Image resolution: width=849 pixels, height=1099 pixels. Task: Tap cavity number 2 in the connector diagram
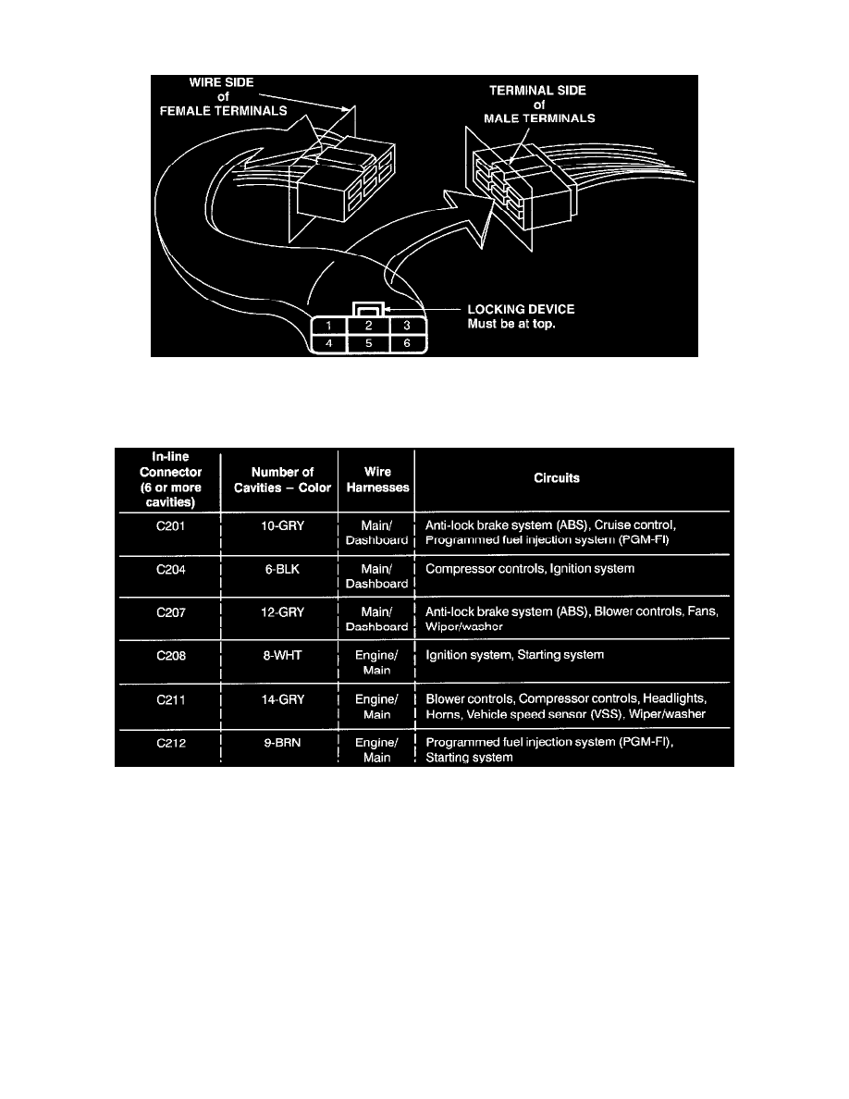click(x=367, y=326)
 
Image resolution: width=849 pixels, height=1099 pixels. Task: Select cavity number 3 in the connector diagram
click(x=406, y=326)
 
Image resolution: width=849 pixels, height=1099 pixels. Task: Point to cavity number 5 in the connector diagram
click(x=367, y=343)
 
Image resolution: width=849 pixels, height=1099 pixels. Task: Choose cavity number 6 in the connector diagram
click(x=406, y=343)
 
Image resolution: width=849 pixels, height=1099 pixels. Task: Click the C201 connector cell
click(x=167, y=525)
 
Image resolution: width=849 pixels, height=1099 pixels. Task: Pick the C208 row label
click(x=167, y=655)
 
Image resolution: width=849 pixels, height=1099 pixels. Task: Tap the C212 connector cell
click(x=167, y=743)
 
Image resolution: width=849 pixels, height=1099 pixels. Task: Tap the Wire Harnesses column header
click(x=376, y=479)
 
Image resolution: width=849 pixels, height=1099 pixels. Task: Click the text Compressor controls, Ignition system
click(x=530, y=569)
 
